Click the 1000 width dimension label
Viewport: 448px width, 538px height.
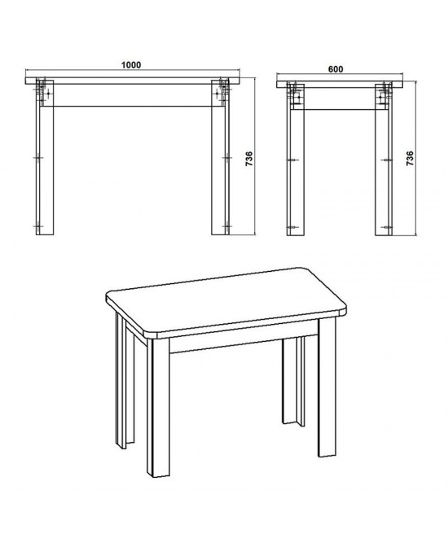131,65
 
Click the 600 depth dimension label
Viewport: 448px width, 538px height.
336,69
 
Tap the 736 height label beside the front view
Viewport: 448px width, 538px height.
249,160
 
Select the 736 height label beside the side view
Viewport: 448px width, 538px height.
410,159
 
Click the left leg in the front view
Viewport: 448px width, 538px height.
45,157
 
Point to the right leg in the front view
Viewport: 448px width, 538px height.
220,157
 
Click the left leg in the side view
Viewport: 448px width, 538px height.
296,160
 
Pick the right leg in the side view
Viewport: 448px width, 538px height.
384,160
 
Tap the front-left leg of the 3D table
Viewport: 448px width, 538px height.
158,408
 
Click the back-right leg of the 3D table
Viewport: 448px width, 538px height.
293,380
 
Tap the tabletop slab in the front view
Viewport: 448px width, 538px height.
133,81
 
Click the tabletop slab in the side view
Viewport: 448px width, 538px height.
340,85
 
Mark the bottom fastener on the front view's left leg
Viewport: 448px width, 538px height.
37,226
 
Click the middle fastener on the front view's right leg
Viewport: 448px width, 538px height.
226,158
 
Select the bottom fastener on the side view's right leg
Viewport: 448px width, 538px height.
387,227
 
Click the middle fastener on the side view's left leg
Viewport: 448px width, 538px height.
292,160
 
